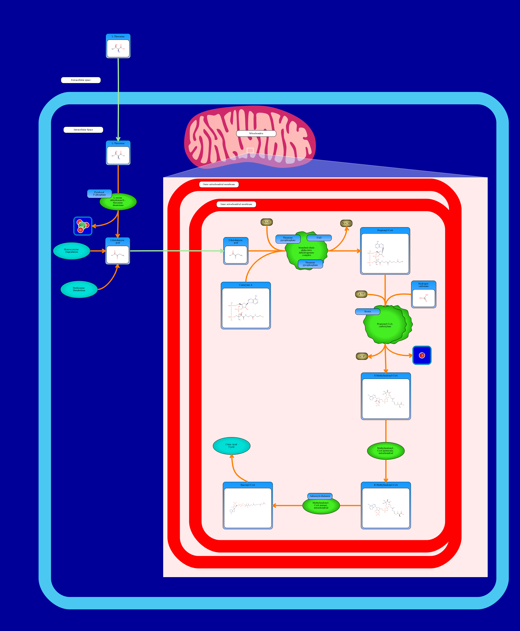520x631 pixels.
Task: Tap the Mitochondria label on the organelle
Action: click(x=256, y=133)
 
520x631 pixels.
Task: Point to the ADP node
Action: click(x=362, y=356)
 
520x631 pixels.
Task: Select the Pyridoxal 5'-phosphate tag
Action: click(x=99, y=194)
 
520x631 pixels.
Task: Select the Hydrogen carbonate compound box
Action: click(x=423, y=295)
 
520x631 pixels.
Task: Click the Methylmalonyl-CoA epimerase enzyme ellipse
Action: click(x=386, y=451)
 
